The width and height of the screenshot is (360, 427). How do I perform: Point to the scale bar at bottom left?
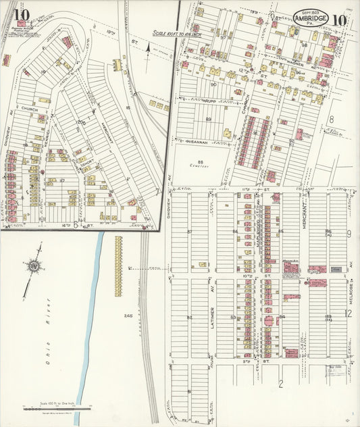click(x=57, y=408)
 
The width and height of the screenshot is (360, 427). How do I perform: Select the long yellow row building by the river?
click(x=119, y=266)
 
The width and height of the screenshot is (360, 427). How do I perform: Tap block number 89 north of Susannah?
click(x=208, y=120)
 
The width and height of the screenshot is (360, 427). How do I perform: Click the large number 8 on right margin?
click(x=331, y=119)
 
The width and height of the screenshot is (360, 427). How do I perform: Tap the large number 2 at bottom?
click(x=280, y=384)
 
